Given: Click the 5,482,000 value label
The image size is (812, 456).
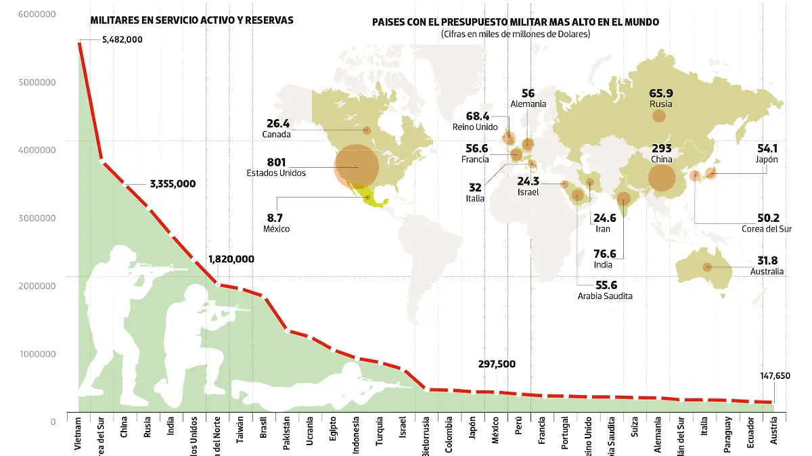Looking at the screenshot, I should tap(122, 40).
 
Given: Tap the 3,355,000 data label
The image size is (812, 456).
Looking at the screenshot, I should tap(173, 184).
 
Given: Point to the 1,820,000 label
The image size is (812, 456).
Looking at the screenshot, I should tap(231, 259).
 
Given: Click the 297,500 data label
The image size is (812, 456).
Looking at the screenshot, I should tap(497, 364).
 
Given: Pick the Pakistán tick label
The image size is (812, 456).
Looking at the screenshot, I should tap(286, 434).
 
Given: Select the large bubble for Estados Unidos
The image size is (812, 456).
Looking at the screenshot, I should tap(357, 166).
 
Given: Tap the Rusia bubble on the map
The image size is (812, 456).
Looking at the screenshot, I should tap(659, 116).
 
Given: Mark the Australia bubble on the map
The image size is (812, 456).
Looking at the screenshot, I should tap(707, 267).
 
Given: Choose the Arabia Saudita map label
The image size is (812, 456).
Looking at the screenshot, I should tap(605, 296).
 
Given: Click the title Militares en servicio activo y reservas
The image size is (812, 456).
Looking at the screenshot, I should tap(191, 20).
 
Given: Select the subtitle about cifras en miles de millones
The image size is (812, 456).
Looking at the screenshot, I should tap(515, 34).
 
